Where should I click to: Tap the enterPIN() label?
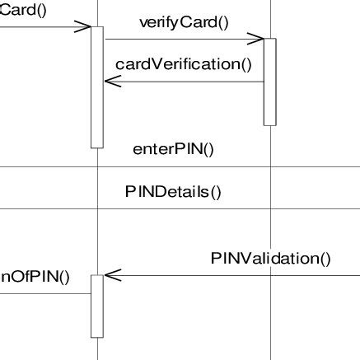click(x=173, y=149)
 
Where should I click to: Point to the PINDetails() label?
click(x=174, y=192)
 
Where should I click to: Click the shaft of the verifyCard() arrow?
click(x=181, y=38)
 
